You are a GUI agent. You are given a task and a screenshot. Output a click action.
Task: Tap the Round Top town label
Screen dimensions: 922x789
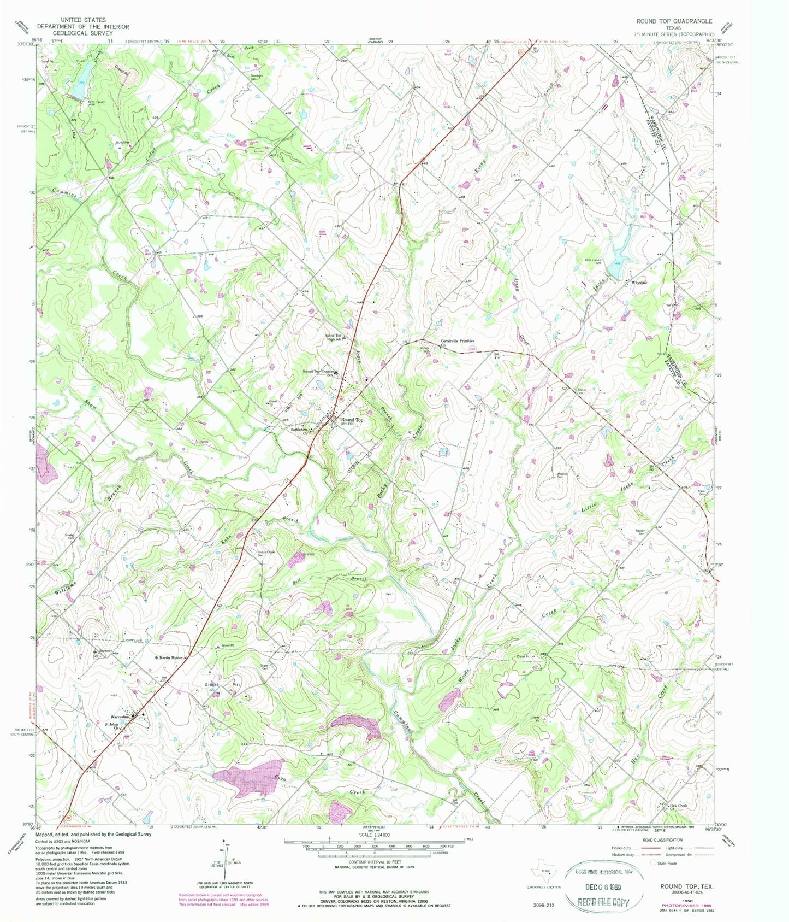point(352,420)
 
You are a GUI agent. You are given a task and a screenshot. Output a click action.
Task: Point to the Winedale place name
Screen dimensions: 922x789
point(639,283)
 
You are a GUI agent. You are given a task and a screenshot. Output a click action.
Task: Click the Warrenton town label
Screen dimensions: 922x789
point(120,716)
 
